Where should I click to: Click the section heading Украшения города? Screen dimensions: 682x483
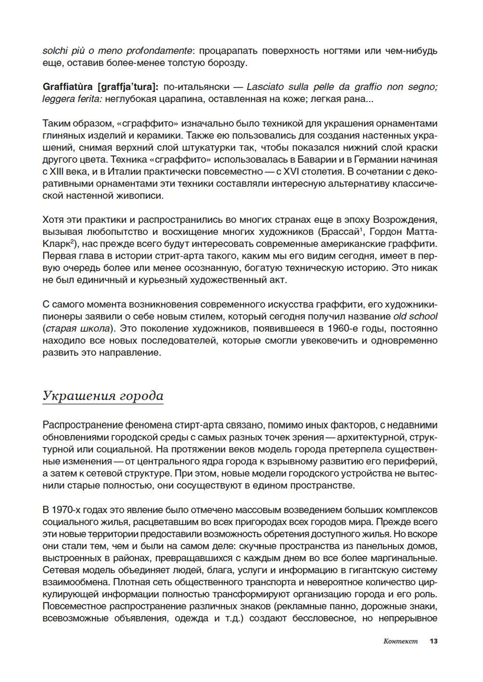103,396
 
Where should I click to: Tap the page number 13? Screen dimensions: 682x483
433,641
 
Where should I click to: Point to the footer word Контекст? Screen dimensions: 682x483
400,641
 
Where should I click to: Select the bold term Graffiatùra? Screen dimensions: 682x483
68,87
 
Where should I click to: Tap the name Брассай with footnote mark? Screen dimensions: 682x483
341,232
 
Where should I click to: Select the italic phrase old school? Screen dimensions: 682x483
415,317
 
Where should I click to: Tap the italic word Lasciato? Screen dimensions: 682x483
265,87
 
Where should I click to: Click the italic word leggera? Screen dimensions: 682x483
57,99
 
